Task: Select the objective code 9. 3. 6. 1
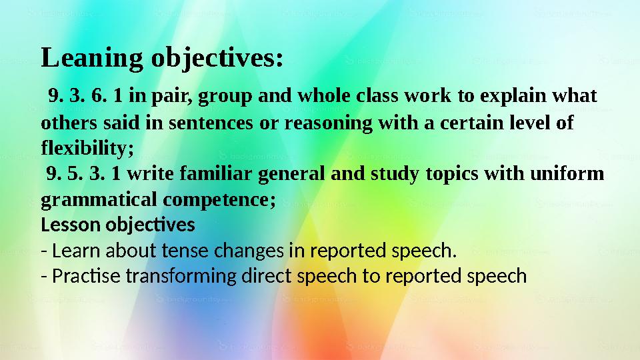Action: coord(85,97)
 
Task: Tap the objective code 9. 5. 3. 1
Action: coord(85,175)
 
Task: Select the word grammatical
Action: coord(86,199)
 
